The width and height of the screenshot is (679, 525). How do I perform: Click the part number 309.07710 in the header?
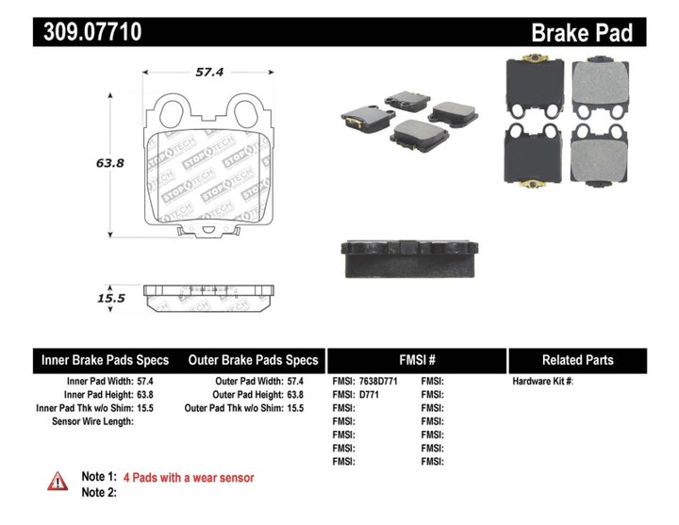coord(92,32)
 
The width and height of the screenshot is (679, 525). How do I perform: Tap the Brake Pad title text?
coord(581,33)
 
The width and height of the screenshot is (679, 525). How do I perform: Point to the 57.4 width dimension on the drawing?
coord(208,71)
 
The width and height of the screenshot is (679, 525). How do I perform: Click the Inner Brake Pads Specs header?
coord(105,360)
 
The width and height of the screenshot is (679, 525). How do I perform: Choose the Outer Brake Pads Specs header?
coord(253,360)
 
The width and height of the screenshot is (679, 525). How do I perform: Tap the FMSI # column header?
coord(416,360)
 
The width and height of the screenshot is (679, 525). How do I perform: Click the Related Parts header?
coord(577,360)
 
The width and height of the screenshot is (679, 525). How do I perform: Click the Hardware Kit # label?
coord(542,382)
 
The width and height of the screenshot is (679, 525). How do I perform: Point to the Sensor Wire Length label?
coord(92,421)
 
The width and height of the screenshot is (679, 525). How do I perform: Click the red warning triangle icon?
coord(58,481)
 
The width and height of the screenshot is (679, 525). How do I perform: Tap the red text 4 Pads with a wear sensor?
coord(194,478)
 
